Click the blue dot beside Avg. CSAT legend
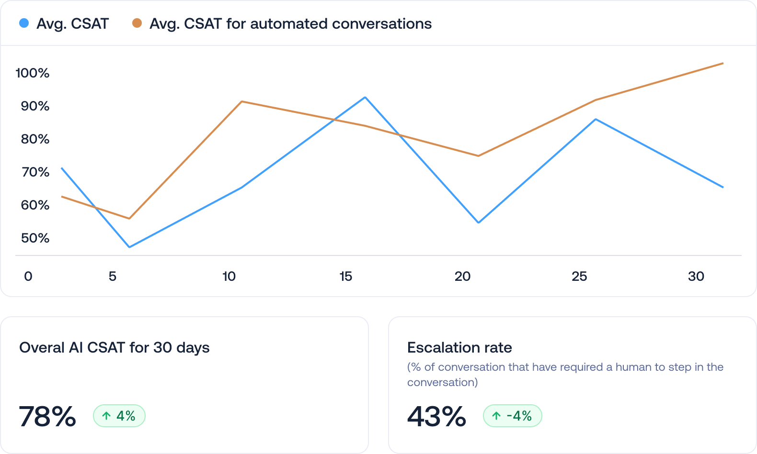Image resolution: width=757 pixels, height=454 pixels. (24, 23)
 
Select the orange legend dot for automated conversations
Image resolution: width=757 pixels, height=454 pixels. (137, 23)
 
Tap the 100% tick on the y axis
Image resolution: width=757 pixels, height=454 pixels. (33, 73)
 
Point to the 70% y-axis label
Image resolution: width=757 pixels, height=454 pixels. (35, 172)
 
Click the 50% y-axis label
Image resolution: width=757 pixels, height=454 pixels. (35, 238)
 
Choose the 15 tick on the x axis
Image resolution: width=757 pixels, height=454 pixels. (345, 277)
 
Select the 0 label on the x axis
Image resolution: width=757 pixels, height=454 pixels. (28, 277)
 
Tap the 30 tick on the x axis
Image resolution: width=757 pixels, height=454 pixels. (696, 277)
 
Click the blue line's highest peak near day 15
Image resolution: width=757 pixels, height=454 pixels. (365, 98)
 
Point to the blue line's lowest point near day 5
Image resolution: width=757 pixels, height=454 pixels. (129, 247)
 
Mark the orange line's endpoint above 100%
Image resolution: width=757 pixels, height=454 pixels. (722, 64)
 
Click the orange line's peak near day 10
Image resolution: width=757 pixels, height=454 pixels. (242, 101)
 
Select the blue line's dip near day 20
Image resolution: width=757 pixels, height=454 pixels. (478, 222)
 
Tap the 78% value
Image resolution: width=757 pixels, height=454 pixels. (47, 416)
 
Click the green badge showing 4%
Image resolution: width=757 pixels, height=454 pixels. (119, 416)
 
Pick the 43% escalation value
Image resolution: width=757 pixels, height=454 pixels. (436, 416)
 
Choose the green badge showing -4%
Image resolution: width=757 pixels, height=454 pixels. (512, 416)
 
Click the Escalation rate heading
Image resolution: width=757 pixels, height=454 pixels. (459, 347)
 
